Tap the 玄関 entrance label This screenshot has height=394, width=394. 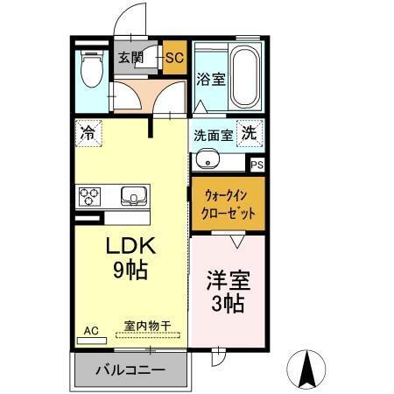(x=131, y=59)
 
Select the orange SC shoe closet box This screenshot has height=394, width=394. (x=173, y=59)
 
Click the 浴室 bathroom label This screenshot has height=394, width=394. (x=210, y=79)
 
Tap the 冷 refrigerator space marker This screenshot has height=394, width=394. (x=88, y=133)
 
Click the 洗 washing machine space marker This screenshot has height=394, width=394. (x=250, y=134)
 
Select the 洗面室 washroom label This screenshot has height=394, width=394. (x=213, y=136)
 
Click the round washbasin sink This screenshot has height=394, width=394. (x=208, y=159)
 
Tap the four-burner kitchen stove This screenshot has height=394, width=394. (x=90, y=194)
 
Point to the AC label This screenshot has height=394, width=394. (x=91, y=331)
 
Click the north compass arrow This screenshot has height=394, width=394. (x=308, y=368)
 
